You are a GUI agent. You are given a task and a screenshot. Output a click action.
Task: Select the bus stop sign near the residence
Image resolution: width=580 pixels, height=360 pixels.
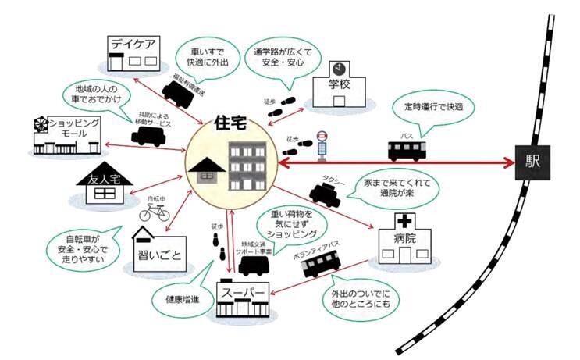click(321, 145)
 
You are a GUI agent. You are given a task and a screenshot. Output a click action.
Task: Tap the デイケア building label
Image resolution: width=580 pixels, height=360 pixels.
click(134, 43)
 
